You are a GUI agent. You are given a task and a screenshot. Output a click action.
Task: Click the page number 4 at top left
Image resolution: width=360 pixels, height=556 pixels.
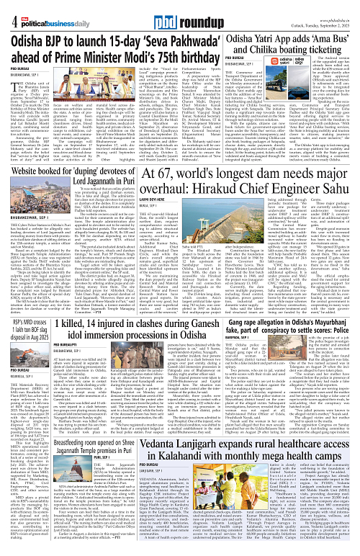tap(6, 9)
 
